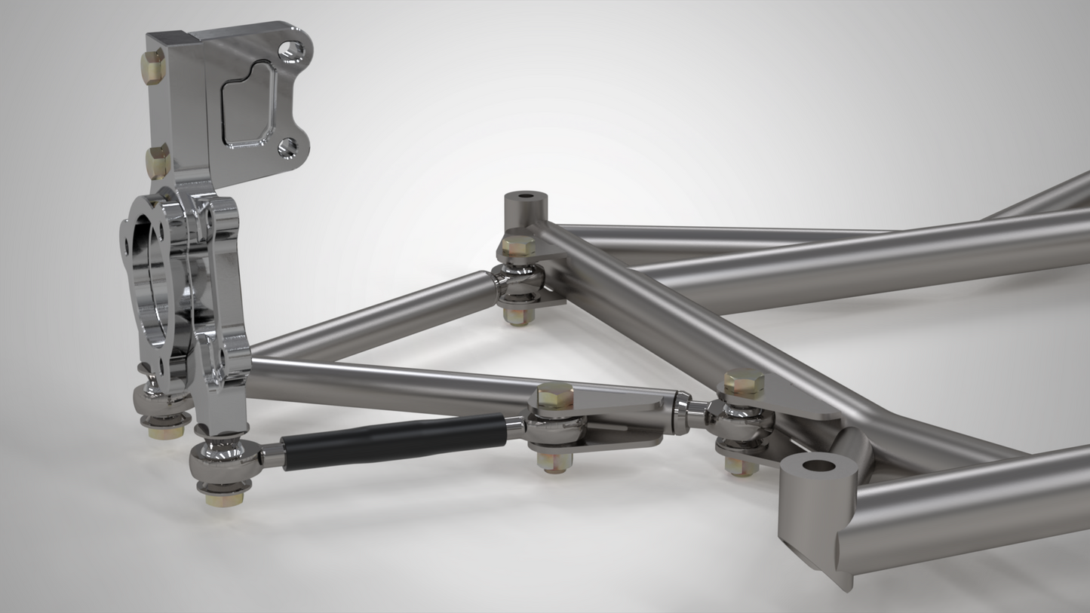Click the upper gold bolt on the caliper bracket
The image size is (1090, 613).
point(154,66)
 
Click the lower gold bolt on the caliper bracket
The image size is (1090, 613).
point(158,161)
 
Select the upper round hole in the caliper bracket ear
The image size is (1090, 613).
point(291,51)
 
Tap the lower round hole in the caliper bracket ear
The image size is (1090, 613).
point(287,146)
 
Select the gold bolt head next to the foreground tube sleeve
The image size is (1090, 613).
point(744,383)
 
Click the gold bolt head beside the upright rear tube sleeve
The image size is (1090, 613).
point(517,245)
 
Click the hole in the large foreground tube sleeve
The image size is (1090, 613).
point(818,464)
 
